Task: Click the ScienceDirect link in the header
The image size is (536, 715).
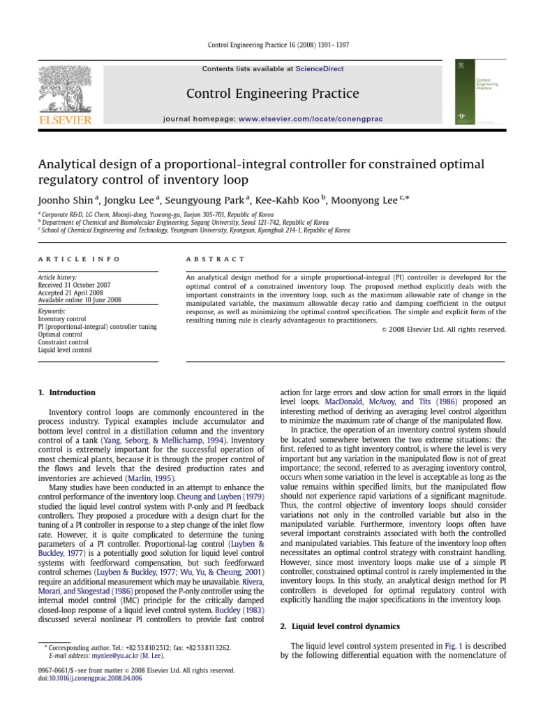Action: point(320,69)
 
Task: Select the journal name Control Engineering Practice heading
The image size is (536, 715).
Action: point(272,94)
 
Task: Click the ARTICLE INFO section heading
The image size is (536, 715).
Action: point(78,259)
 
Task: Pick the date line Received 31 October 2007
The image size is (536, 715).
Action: point(74,285)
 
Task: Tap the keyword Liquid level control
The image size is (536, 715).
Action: point(65,350)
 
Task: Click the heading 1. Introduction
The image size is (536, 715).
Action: point(67,392)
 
